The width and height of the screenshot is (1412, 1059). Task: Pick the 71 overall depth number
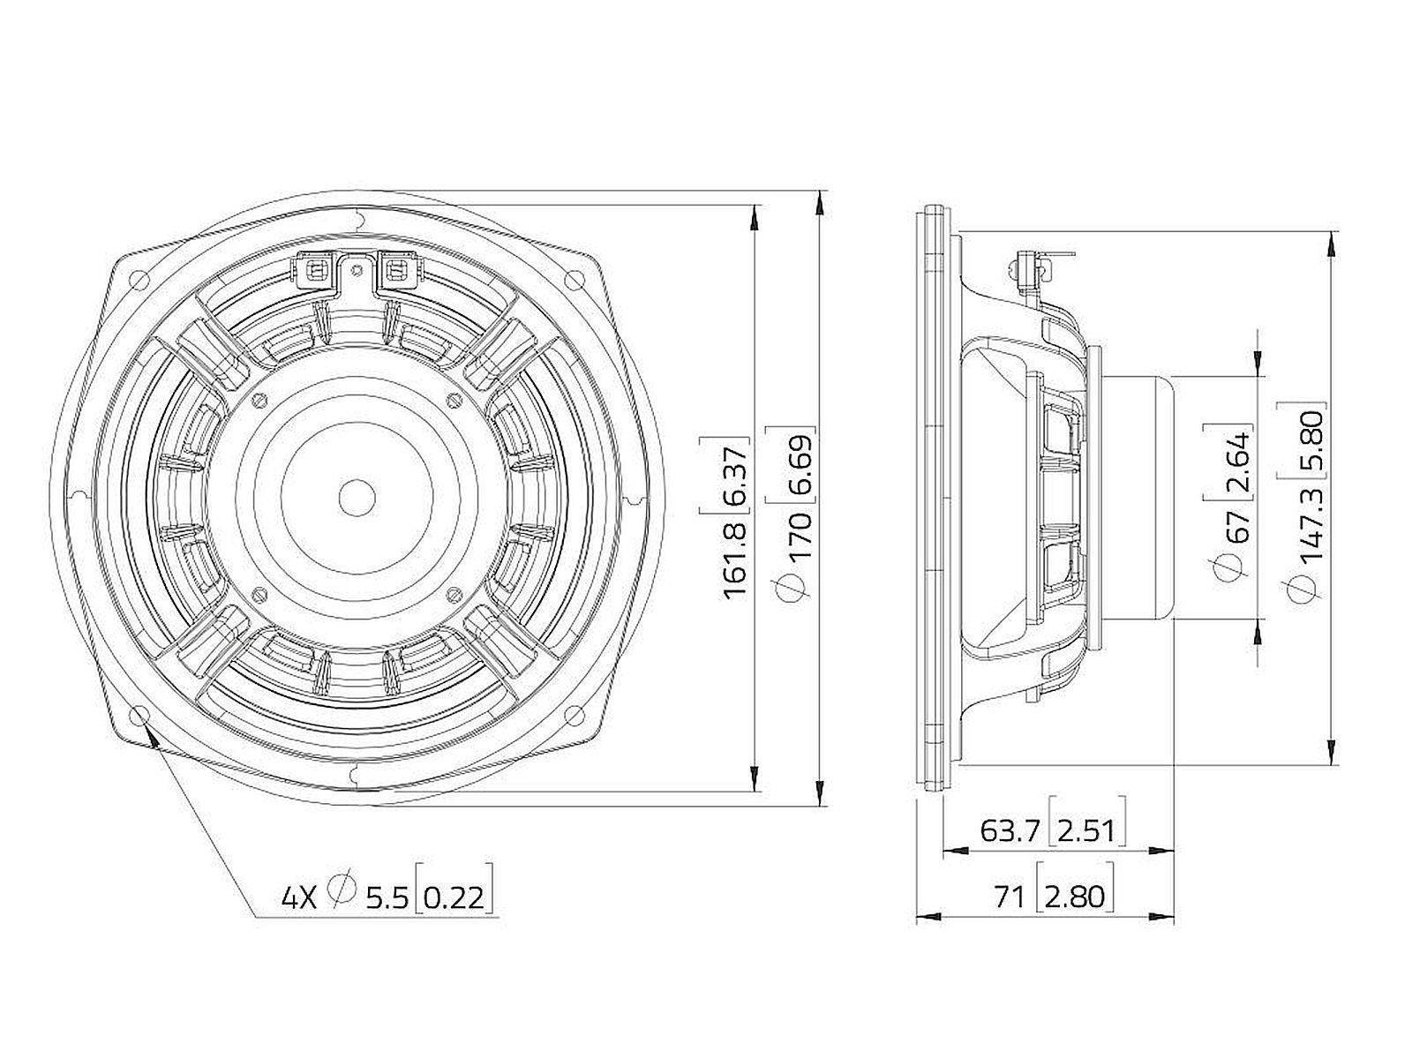1010,897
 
